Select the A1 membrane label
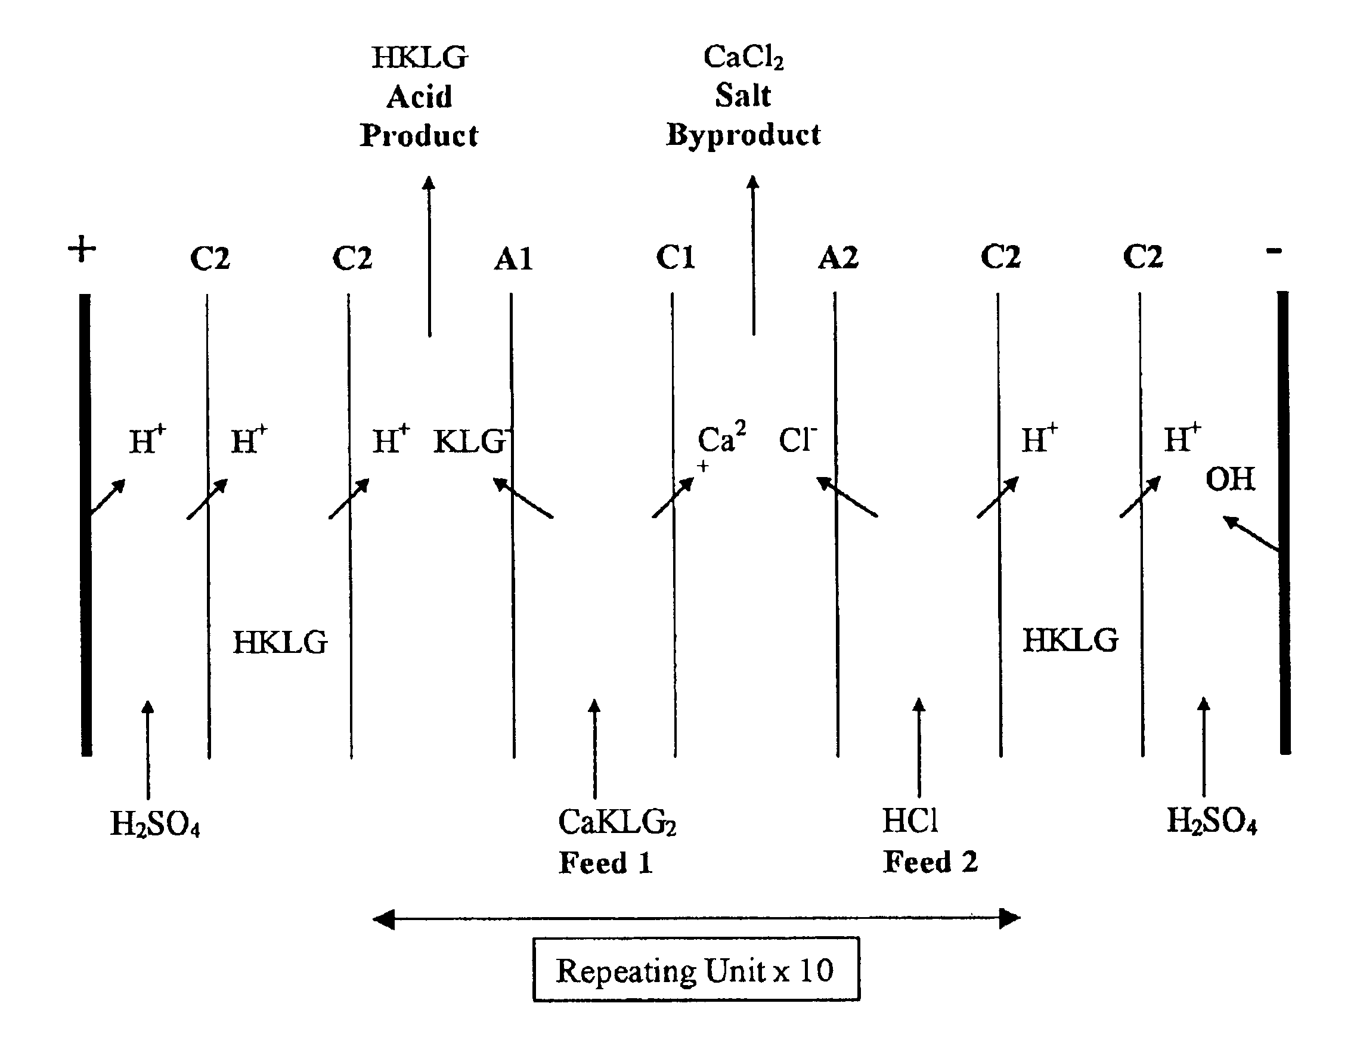pos(513,259)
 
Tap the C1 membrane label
pos(675,257)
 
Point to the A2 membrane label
pos(838,257)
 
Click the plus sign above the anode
pos(82,250)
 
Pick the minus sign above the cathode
pos(1274,251)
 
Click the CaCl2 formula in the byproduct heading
pos(743,57)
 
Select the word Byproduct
pos(743,135)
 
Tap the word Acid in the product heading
pos(419,97)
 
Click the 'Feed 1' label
pos(606,863)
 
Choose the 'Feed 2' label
pos(930,862)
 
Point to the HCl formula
pos(910,820)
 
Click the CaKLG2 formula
pos(617,822)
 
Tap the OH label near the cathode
pos(1230,479)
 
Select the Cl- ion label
pos(798,439)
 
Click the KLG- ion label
pos(472,441)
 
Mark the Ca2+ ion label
pos(721,444)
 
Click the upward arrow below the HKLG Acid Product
pos(429,256)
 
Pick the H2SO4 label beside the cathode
pos(1212,820)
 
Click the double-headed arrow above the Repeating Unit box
pos(696,918)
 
